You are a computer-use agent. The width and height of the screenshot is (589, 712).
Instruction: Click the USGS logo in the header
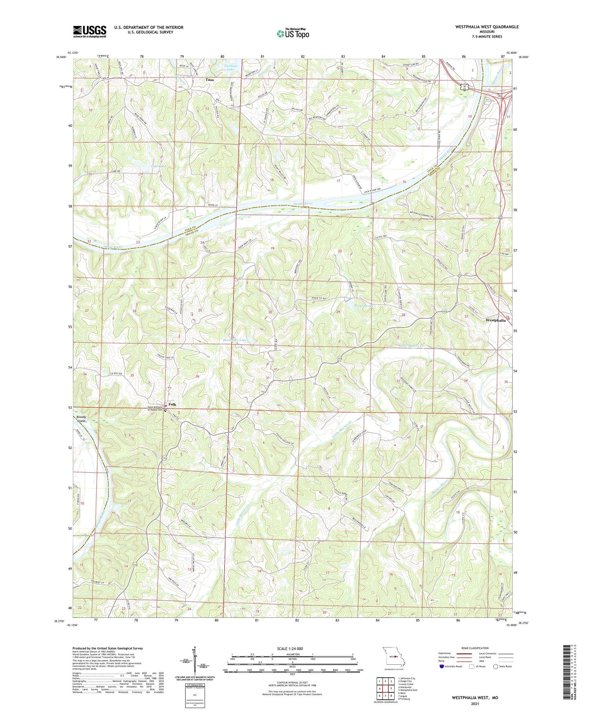90,31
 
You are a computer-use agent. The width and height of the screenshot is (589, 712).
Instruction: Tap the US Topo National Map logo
292,33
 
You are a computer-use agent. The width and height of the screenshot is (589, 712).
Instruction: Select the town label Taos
210,80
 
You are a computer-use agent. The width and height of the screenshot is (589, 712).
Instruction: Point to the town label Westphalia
495,320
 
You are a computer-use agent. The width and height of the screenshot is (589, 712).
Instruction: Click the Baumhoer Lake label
234,340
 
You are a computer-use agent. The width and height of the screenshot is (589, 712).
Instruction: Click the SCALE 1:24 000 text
293,649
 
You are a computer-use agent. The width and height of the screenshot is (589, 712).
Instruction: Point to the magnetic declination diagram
195,663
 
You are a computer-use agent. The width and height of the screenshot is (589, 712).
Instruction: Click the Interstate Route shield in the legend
442,666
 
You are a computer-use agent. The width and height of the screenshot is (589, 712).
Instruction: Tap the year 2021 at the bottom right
474,704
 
